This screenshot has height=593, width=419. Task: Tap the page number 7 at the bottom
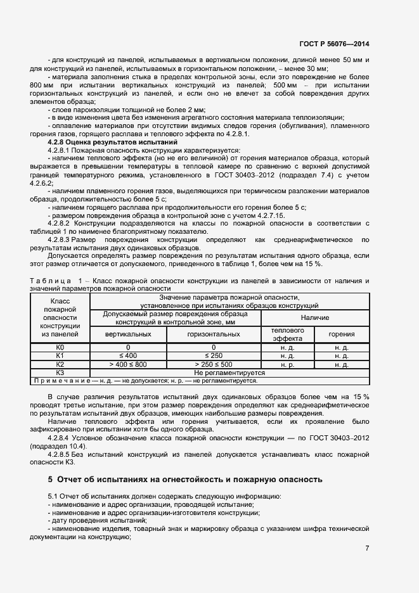(x=367, y=548)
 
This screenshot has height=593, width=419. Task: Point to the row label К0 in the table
(x=60, y=348)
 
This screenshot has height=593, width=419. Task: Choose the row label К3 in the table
(x=60, y=373)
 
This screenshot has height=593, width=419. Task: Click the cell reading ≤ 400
(x=127, y=356)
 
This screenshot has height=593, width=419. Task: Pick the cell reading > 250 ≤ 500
(x=214, y=364)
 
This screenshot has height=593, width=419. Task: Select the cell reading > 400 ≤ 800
(x=127, y=364)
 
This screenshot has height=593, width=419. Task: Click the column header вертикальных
(x=127, y=334)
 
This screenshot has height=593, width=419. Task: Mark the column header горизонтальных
(x=214, y=334)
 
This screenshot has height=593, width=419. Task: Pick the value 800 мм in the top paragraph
(x=41, y=84)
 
